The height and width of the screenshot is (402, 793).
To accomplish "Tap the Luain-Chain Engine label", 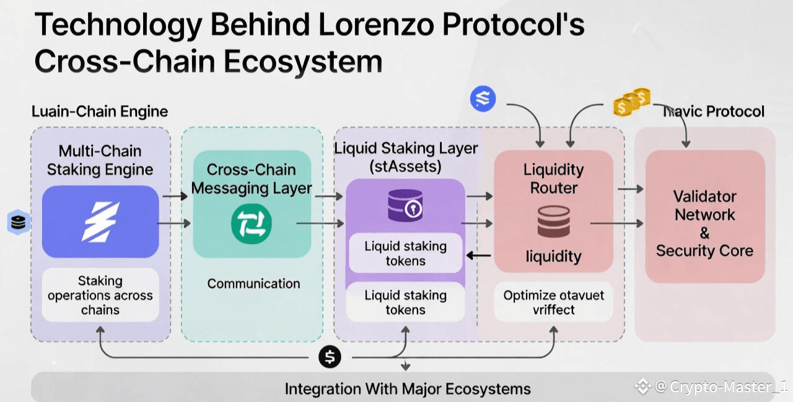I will point(100,111).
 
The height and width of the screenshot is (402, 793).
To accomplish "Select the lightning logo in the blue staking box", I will point(100,221).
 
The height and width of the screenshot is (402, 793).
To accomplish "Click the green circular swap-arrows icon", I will point(252,224).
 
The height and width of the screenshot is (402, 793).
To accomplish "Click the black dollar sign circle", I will point(330,357).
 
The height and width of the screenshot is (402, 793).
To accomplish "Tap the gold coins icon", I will point(631,102).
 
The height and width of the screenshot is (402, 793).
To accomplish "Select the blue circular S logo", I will point(483,98).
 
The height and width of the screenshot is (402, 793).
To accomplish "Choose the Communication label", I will point(253,284).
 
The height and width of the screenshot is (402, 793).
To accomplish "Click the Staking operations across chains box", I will point(100,295).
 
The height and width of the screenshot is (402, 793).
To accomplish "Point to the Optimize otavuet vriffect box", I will point(554,302).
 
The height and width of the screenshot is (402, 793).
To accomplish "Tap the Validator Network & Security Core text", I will point(704,224).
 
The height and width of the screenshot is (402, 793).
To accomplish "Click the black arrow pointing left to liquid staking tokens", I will point(478,255).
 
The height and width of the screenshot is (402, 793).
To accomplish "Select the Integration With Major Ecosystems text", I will point(408,389).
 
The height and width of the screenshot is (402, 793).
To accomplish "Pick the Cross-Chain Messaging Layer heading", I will point(252,178).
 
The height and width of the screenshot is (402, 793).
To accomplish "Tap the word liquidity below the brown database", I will point(553,256).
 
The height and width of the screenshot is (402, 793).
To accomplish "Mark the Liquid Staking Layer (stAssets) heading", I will point(406,157).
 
